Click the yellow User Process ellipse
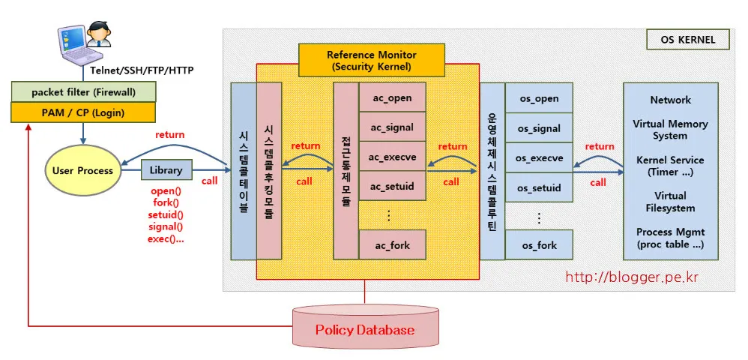[82, 170]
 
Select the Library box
[166, 170]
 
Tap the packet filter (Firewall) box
[83, 92]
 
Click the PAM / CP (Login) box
[83, 112]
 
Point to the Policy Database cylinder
[364, 329]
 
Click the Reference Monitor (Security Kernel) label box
[371, 61]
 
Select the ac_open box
[392, 98]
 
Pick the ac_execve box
[392, 157]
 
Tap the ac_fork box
[392, 245]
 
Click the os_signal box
[538, 128]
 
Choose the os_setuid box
[538, 187]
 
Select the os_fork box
[538, 245]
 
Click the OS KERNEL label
[687, 40]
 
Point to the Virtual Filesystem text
[670, 202]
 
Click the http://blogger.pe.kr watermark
[632, 277]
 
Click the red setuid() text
[166, 215]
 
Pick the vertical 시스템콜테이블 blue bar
[243, 170]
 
